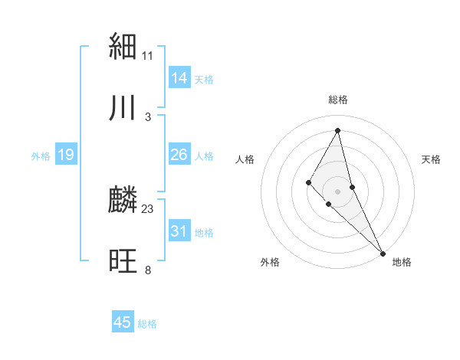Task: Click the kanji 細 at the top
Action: pyautogui.click(x=123, y=47)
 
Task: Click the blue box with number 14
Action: pyautogui.click(x=179, y=78)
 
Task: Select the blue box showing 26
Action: pyautogui.click(x=179, y=155)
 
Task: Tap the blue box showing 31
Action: pyautogui.click(x=179, y=231)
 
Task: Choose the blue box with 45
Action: pyautogui.click(x=123, y=322)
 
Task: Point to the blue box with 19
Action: pyautogui.click(x=66, y=155)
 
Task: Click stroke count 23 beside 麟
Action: pyautogui.click(x=148, y=208)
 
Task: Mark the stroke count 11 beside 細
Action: pyautogui.click(x=148, y=55)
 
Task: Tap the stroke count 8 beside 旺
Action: pyautogui.click(x=148, y=270)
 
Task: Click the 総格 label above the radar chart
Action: pyautogui.click(x=338, y=100)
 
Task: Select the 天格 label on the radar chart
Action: pyautogui.click(x=432, y=159)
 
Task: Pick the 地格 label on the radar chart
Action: pyautogui.click(x=402, y=262)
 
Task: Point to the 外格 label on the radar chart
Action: pyautogui.click(x=270, y=262)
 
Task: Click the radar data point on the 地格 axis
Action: pyautogui.click(x=383, y=253)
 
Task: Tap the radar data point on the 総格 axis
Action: pyautogui.click(x=338, y=130)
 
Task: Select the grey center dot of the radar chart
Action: pyautogui.click(x=338, y=191)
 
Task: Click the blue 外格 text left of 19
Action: pyautogui.click(x=41, y=156)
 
